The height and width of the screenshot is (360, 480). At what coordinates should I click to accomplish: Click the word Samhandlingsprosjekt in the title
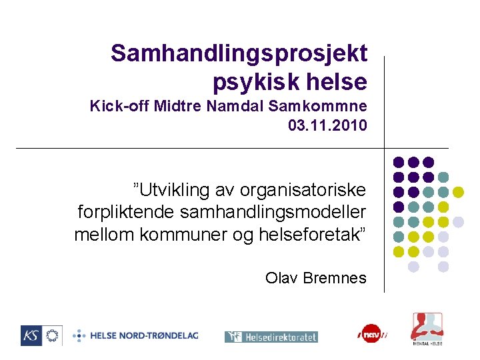pos(239,53)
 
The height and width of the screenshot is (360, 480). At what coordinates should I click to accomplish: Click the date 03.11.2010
pos(327,125)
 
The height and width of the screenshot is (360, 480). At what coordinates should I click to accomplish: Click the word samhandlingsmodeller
pos(270,213)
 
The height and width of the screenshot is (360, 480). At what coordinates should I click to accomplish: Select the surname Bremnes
pos(335,278)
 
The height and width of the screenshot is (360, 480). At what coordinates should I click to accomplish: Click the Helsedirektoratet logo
pos(271,337)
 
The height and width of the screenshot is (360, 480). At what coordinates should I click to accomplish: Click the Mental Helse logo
pos(426,328)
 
